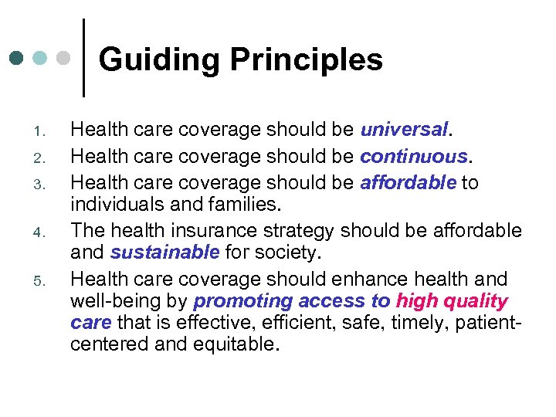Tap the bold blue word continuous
[x=414, y=157]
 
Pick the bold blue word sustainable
[x=165, y=253]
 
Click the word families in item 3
[x=244, y=205]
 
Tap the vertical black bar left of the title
[x=83, y=58]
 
